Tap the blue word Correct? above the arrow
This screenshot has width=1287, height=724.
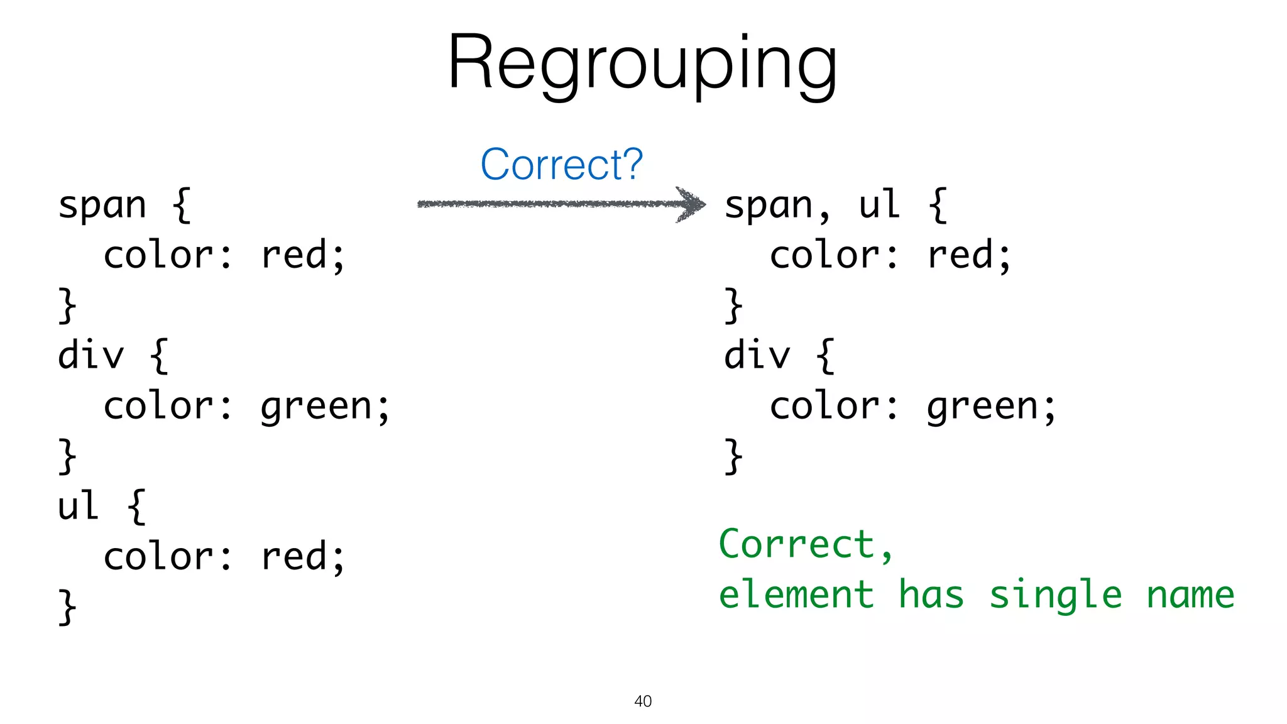(561, 165)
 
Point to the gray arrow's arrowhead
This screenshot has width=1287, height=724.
(692, 204)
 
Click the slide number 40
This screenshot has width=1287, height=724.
(643, 701)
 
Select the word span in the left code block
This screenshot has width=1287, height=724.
(102, 206)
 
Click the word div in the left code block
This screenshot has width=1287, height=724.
(91, 356)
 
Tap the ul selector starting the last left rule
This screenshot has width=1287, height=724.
(78, 506)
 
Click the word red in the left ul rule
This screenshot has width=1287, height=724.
(294, 557)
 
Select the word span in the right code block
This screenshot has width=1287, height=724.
(768, 206)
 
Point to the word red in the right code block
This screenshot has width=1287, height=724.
(960, 256)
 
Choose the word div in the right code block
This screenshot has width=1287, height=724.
(757, 356)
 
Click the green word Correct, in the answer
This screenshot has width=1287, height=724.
(804, 544)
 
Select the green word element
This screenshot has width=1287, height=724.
(796, 595)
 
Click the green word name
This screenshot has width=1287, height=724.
(1190, 595)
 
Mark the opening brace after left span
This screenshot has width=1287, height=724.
(182, 206)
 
